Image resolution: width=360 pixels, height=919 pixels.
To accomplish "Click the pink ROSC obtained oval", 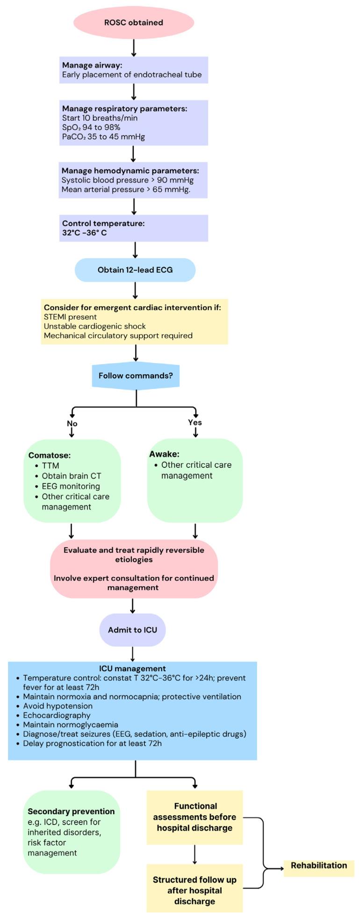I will [x=133, y=22].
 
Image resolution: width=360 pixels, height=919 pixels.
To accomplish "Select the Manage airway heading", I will [x=92, y=65].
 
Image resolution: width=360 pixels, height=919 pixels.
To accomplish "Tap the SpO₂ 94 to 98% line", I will [x=91, y=128].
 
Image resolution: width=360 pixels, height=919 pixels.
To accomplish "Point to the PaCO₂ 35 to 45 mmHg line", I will [x=103, y=137].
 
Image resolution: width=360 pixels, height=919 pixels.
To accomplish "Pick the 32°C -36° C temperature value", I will [x=84, y=233].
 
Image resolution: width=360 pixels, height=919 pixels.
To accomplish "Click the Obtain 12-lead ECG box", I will [x=135, y=270].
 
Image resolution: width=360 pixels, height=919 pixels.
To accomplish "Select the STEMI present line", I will [x=70, y=317].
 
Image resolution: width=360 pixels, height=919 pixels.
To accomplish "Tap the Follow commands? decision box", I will [x=136, y=375].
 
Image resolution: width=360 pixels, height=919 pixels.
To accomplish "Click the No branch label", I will [x=72, y=424].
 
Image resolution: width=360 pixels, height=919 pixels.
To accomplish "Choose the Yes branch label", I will [x=195, y=423].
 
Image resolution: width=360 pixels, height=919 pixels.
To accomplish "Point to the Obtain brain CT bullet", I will [x=71, y=476].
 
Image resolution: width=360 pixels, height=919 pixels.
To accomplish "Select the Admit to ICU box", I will [x=132, y=630].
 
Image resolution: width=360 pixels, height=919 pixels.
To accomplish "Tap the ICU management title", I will [x=132, y=668].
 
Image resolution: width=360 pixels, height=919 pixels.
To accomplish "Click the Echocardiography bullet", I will [x=57, y=715].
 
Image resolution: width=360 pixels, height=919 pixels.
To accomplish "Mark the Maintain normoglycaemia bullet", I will [x=70, y=725].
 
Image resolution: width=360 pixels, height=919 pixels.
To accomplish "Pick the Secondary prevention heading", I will [x=71, y=811].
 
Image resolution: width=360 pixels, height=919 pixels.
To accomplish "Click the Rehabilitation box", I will [x=319, y=865].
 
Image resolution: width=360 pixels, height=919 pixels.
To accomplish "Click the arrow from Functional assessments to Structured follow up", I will [x=194, y=854].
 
